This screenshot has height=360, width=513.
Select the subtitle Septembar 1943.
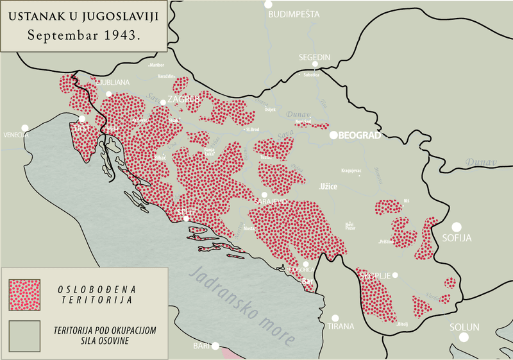pyautogui.click(x=85, y=35)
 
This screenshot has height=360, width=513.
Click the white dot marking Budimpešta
pyautogui.click(x=269, y=4)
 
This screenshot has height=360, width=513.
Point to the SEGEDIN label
pyautogui.click(x=314, y=57)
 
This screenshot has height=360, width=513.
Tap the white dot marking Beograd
pyautogui.click(x=333, y=135)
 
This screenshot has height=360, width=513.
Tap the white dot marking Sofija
pyautogui.click(x=457, y=227)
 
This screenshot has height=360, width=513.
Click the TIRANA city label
pyautogui.click(x=340, y=326)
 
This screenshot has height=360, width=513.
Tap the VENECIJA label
pyautogui.click(x=14, y=135)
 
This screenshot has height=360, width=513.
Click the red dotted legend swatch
pyautogui.click(x=25, y=295)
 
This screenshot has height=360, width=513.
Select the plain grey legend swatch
pyautogui.click(x=25, y=336)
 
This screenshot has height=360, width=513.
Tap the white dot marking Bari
pyautogui.click(x=215, y=346)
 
